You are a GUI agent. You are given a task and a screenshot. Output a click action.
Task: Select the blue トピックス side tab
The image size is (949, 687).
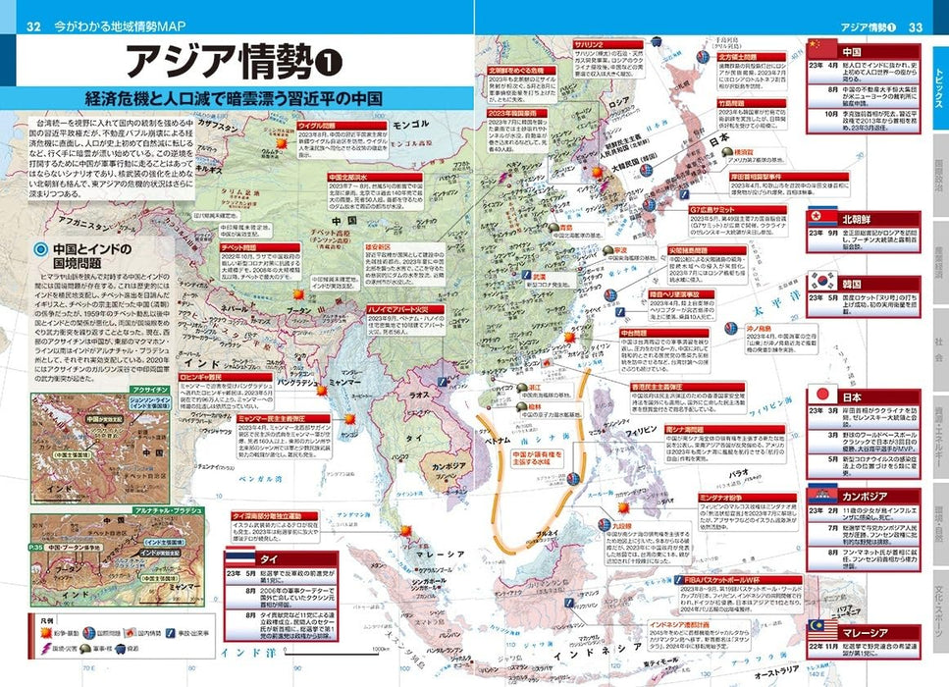(x=937, y=89)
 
